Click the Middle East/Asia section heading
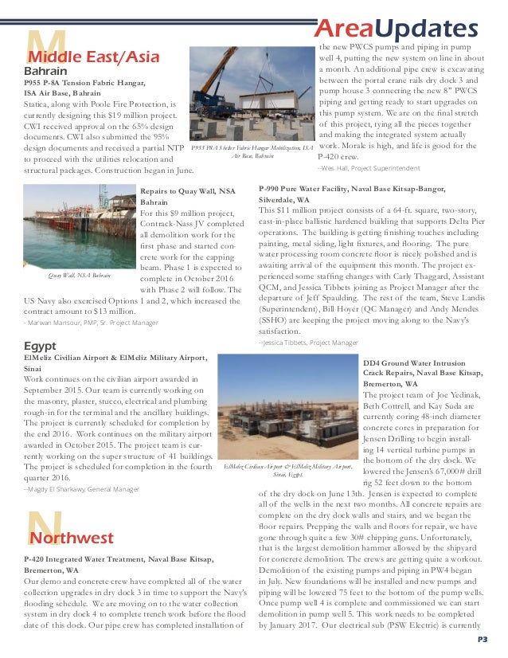(x=94, y=57)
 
